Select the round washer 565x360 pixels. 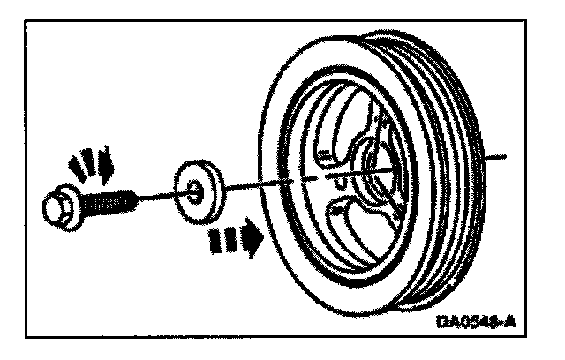point(198,188)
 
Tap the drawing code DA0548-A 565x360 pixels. point(477,324)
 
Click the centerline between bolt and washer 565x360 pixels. point(154,195)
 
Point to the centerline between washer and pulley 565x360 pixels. point(256,182)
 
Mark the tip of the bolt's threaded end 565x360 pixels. point(134,198)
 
